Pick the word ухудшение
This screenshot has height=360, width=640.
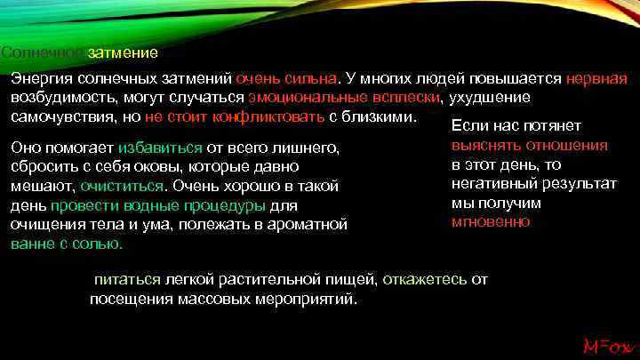tap(492, 97)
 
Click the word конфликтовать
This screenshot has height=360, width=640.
tap(264, 116)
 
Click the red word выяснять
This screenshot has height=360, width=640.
tap(485, 145)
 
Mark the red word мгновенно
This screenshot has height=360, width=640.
tap(491, 221)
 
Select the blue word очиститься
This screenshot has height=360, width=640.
tap(122, 186)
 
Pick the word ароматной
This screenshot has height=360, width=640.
tap(310, 224)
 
